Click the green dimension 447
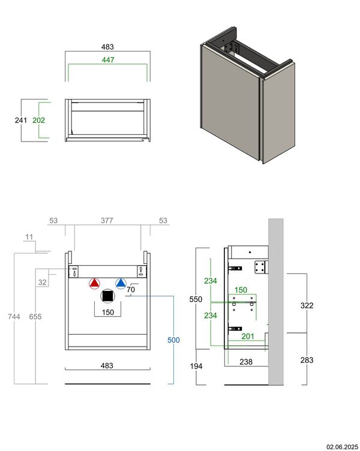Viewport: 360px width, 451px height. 108,59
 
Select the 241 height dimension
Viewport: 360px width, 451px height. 21,120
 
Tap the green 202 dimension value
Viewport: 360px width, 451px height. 39,120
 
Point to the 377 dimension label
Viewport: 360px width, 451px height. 106,221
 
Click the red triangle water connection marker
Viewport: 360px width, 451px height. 94,284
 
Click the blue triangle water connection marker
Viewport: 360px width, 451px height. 121,284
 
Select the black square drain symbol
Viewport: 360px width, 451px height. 107,296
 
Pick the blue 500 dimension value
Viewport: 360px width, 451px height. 173,340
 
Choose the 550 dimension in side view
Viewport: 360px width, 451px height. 196,299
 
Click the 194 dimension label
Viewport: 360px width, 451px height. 196,366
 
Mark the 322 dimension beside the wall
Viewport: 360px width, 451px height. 307,305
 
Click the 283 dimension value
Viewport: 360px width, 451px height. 307,360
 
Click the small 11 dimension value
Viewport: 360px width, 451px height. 29,237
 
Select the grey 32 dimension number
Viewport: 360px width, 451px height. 42,282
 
